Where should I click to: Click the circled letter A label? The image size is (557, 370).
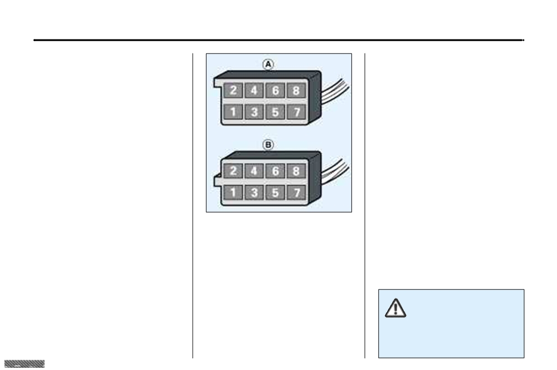coord(268,64)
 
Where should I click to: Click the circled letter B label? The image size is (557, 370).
coord(268,145)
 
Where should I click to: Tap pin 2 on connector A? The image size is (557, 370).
coord(233,91)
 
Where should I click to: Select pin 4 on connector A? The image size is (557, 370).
coord(254,91)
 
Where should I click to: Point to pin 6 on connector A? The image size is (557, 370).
coord(275,91)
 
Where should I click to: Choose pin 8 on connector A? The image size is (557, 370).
coord(296,91)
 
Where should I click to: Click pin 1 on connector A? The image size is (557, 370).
coord(233,112)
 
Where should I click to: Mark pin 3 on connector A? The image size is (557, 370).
coord(254,112)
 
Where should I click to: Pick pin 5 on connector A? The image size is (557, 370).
coord(275,112)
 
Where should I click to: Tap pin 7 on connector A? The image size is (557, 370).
coord(296,112)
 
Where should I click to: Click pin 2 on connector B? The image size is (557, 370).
coord(233,171)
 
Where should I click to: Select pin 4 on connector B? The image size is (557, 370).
coord(254,171)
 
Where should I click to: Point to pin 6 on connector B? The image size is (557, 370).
coord(275,171)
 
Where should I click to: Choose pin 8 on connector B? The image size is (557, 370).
coord(296,171)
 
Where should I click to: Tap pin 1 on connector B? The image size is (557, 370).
coord(233,193)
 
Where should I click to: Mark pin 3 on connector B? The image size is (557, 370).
coord(254,193)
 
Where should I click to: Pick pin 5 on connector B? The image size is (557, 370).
coord(275,193)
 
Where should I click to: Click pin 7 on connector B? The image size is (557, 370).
coord(296,193)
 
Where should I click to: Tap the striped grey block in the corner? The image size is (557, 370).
coord(25,364)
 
